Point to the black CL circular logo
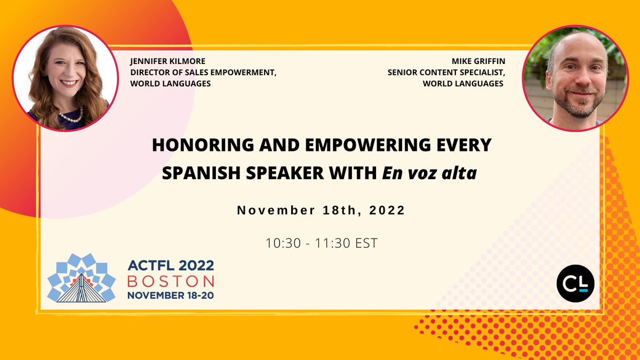click(x=575, y=282)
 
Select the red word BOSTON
click(x=170, y=281)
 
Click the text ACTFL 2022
click(x=170, y=266)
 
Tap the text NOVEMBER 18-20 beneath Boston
click(x=170, y=294)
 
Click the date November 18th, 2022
click(x=321, y=210)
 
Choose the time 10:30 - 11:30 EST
click(x=321, y=243)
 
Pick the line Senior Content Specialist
click(x=445, y=73)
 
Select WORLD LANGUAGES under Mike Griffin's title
click(x=463, y=83)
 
